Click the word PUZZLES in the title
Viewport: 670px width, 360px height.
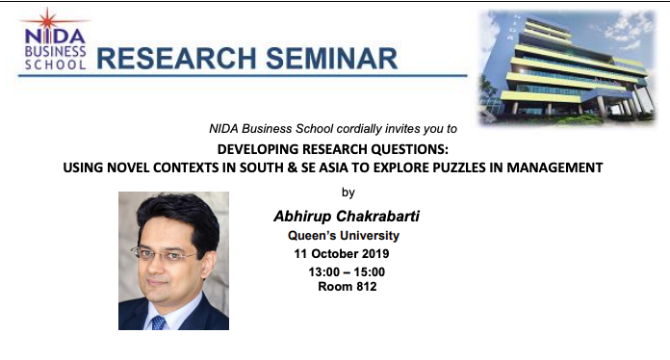pos(451,167)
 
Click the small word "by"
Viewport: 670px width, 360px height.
pos(348,192)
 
